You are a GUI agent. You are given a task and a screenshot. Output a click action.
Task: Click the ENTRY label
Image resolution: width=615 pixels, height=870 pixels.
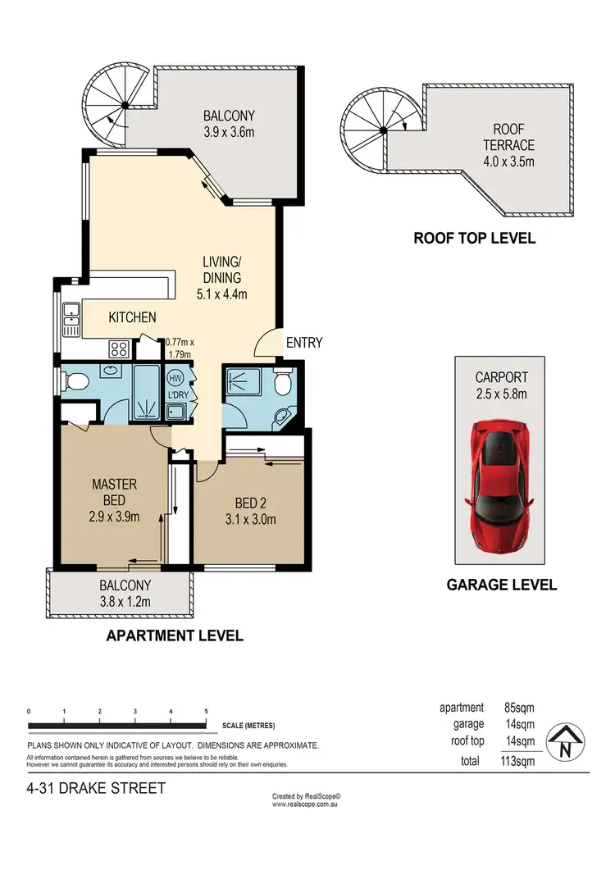point(303,343)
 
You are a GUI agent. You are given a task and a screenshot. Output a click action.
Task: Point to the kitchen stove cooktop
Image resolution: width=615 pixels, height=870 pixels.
point(119,348)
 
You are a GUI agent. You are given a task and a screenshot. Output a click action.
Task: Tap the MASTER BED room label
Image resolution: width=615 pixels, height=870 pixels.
point(113,493)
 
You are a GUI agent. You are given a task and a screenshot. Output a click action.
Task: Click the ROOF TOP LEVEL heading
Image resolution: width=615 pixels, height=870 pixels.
point(474,239)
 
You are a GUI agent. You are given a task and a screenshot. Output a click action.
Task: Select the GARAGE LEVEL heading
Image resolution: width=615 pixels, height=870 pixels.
point(501,585)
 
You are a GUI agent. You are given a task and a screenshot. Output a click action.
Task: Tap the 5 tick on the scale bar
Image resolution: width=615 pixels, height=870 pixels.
point(206,711)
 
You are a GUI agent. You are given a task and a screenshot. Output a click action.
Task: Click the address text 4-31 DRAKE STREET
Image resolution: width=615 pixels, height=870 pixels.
point(96,789)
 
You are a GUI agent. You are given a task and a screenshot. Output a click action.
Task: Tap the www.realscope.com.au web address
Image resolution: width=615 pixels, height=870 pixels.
point(306,804)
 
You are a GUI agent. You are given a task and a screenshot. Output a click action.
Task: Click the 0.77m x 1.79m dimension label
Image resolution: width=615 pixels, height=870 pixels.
point(178,348)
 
